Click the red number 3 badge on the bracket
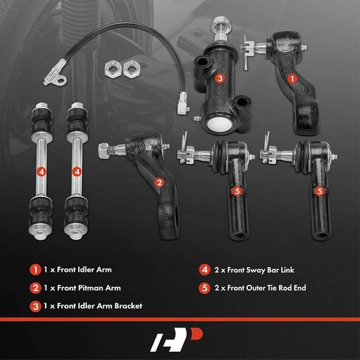[x=220, y=78]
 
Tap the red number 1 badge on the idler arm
[x=292, y=79]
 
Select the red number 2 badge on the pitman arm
[x=159, y=182]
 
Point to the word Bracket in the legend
[x=128, y=306]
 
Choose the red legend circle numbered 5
[x=204, y=288]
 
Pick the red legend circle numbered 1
[x=35, y=270]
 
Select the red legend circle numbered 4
[x=204, y=270]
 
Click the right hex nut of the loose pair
[x=132, y=69]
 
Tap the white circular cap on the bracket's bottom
[x=219, y=124]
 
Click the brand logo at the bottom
[x=176, y=339]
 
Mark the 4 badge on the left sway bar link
[x=41, y=172]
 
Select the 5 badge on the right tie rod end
[x=319, y=191]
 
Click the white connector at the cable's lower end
[x=184, y=103]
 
